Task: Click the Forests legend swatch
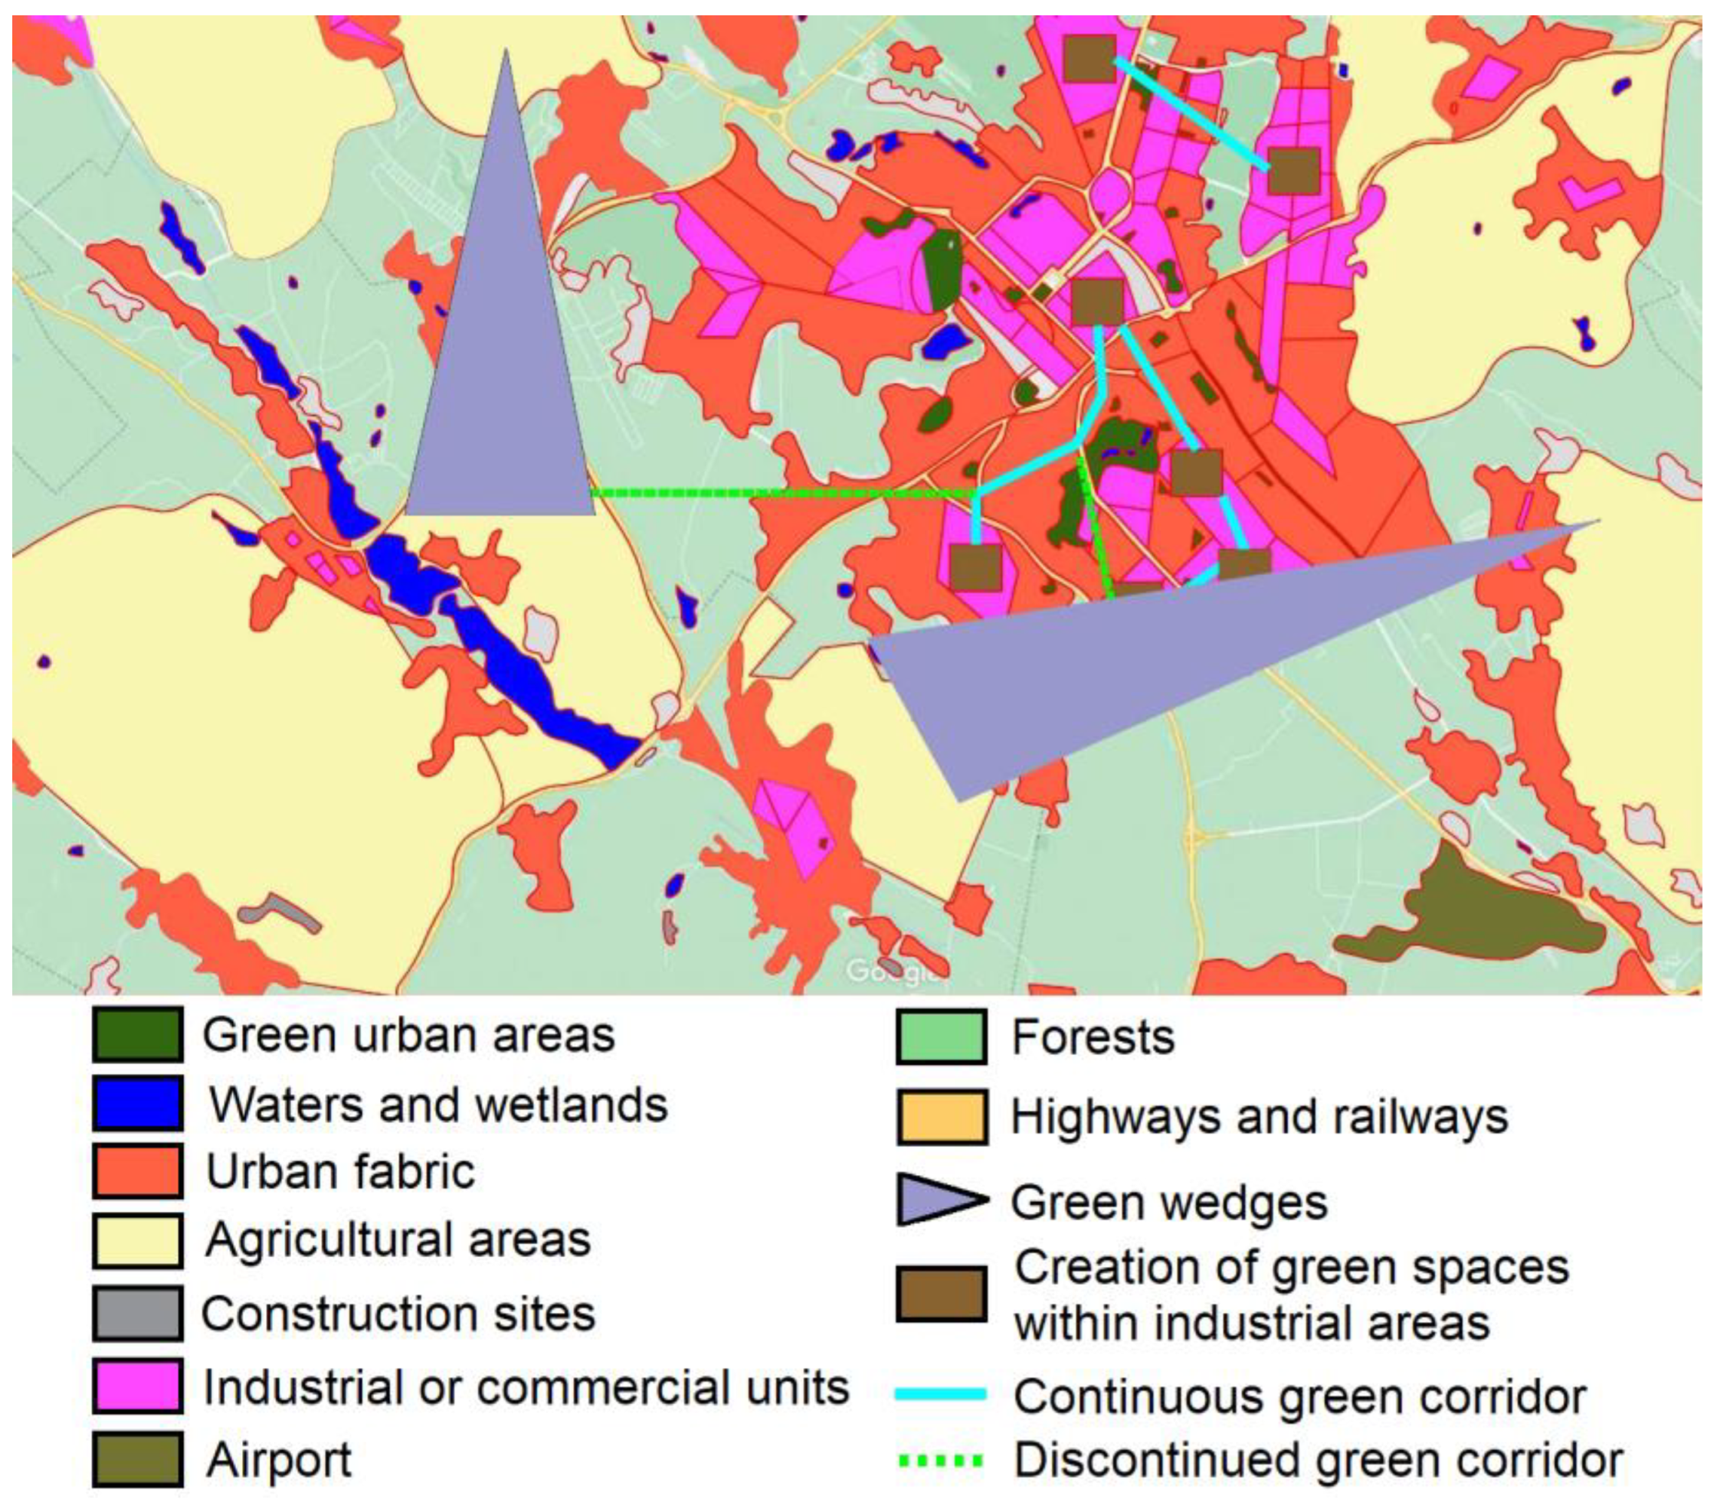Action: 941,1037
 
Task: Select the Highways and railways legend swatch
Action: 941,1116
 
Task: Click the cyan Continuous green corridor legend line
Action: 941,1395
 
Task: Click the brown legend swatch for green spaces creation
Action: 941,1294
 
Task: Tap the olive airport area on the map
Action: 1476,913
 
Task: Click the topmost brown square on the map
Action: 1089,59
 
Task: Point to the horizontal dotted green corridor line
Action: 780,494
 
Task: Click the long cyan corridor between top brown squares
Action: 1191,113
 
